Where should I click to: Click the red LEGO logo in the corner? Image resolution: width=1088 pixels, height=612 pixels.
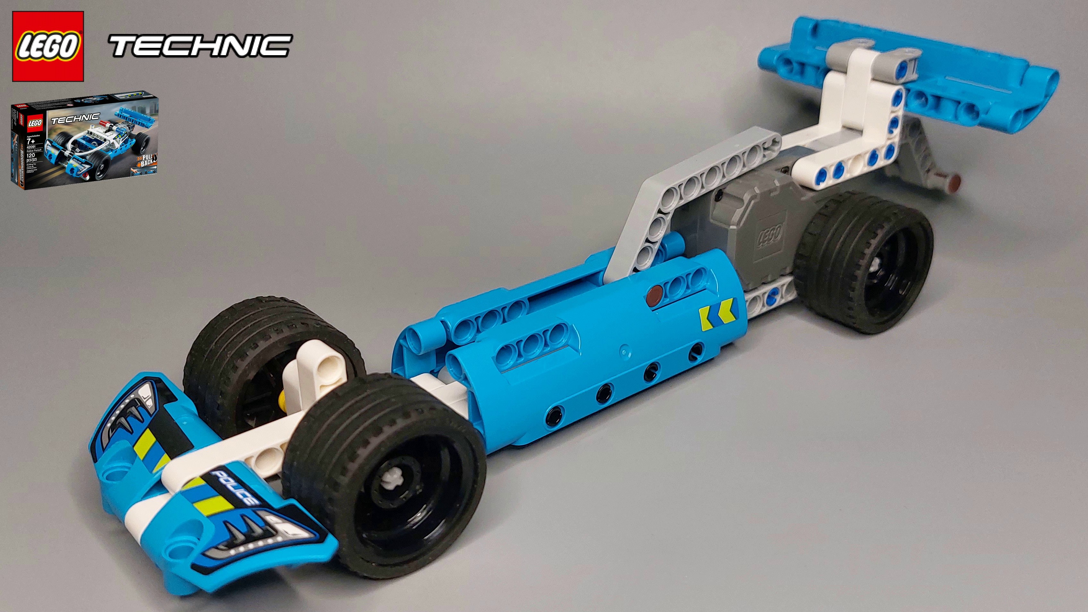pyautogui.click(x=48, y=46)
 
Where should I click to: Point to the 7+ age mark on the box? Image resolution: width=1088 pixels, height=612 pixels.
pyautogui.click(x=31, y=141)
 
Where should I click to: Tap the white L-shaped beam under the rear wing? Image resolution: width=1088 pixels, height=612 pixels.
pyautogui.click(x=853, y=127)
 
